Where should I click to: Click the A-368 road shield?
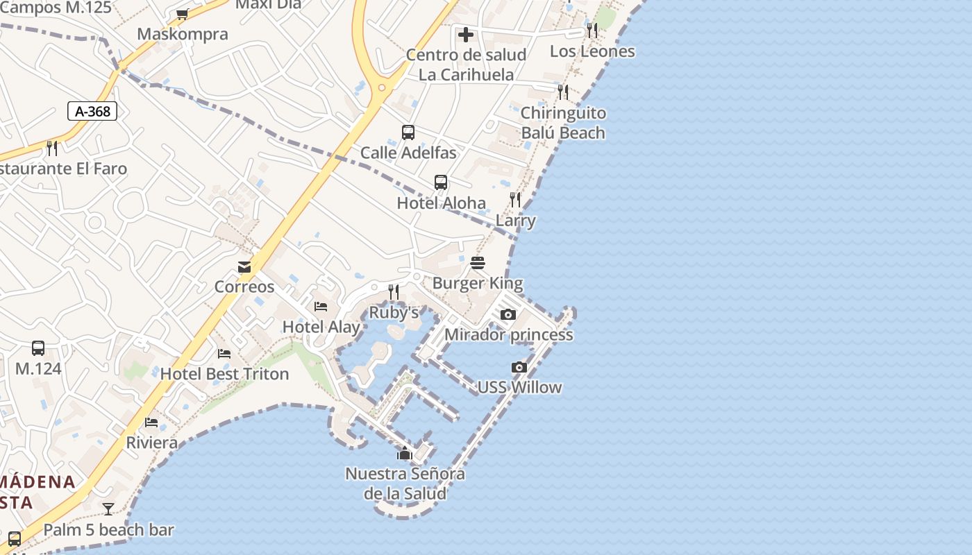(x=92, y=111)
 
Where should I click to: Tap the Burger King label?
(x=478, y=283)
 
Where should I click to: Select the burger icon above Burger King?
(x=478, y=263)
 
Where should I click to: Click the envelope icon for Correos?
(x=244, y=267)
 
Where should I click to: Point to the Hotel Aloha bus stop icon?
(x=441, y=182)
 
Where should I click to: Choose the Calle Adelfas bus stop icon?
(x=408, y=133)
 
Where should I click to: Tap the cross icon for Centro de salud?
(x=466, y=34)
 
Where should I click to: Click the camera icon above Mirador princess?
(x=508, y=314)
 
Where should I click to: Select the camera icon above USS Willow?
(x=519, y=367)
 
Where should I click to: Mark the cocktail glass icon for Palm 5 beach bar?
(x=108, y=509)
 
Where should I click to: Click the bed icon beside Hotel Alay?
(x=321, y=306)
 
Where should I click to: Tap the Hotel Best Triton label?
(x=224, y=374)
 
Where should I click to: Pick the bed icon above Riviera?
(x=151, y=422)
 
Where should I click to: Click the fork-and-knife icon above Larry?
(x=515, y=200)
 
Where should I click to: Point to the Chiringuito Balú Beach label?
(x=563, y=123)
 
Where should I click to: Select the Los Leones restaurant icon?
(x=592, y=31)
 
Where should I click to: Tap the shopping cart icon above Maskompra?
(x=183, y=14)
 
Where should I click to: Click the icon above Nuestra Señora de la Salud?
(x=405, y=454)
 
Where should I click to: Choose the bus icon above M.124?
(x=38, y=348)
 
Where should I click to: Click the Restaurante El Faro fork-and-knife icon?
(x=52, y=148)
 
